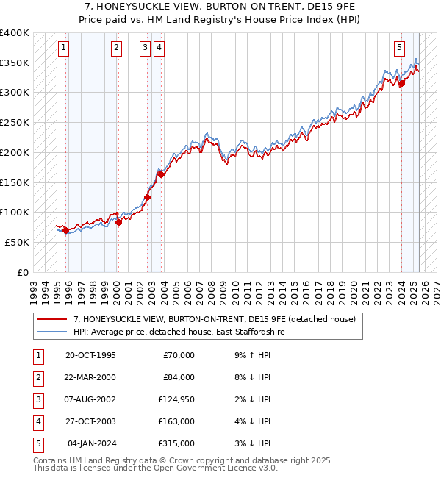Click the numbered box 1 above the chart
coord(64,49)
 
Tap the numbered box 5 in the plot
coord(399,49)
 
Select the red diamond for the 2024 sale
coord(402,84)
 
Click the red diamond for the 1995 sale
coord(66,230)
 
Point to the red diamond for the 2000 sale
coord(118,222)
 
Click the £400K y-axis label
coord(15,33)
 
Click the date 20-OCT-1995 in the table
coord(90,355)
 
